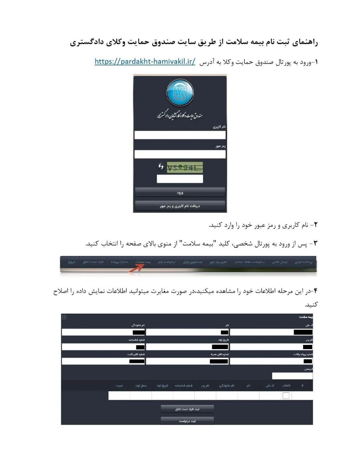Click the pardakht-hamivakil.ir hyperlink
click(145, 62)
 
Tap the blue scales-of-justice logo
click(180, 93)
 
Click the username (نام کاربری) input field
click(180, 135)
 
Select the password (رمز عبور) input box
click(180, 154)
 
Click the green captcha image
click(185, 168)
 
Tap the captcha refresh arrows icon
click(161, 167)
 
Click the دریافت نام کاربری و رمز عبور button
click(180, 206)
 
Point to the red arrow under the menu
click(136, 268)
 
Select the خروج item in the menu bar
click(72, 262)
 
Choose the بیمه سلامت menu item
click(143, 262)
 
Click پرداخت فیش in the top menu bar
click(303, 262)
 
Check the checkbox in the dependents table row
click(286, 396)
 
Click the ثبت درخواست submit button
click(187, 421)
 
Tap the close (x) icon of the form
click(64, 317)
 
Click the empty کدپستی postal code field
click(292, 376)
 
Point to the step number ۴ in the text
click(315, 291)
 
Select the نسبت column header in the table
click(119, 386)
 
